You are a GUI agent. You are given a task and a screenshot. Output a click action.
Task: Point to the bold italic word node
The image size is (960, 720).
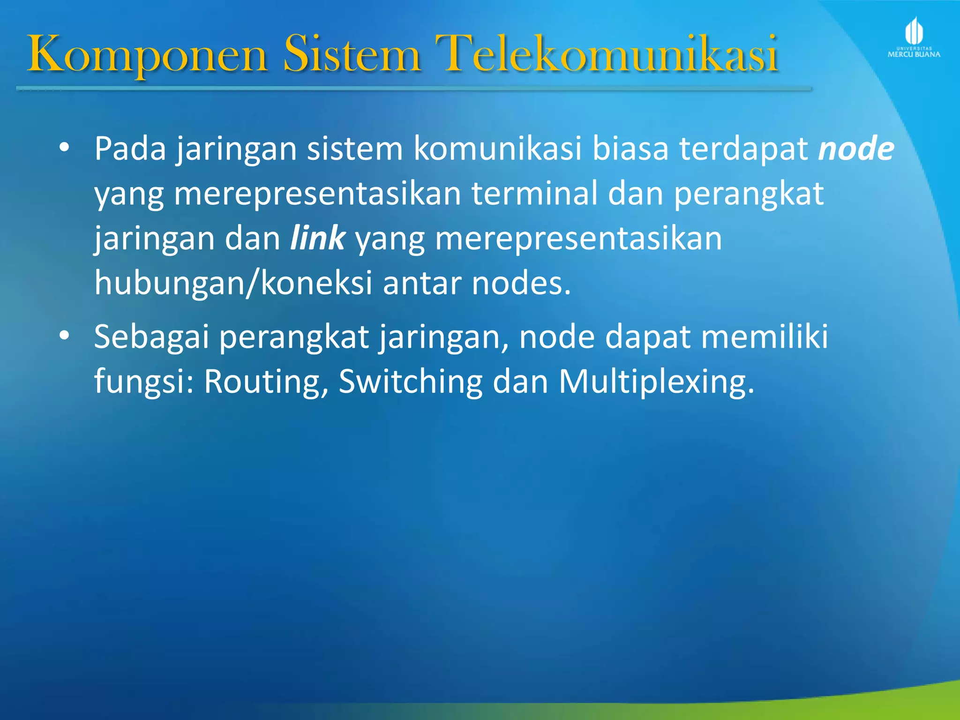[856, 149]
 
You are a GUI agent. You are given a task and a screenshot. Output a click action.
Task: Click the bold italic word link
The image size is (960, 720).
[318, 238]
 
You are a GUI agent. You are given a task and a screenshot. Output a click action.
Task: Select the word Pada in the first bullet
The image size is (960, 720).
[130, 149]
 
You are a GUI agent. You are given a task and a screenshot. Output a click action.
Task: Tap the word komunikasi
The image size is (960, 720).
[497, 149]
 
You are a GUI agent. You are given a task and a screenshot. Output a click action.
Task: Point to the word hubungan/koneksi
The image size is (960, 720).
[233, 284]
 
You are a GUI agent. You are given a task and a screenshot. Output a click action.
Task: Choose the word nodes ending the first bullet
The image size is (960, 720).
[520, 284]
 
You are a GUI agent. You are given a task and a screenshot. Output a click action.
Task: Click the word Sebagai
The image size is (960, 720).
[151, 337]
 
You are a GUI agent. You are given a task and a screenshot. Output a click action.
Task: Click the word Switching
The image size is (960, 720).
[411, 382]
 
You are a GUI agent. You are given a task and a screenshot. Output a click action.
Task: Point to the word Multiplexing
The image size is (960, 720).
[656, 382]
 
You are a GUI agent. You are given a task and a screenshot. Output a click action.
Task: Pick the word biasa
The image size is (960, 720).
[630, 149]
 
